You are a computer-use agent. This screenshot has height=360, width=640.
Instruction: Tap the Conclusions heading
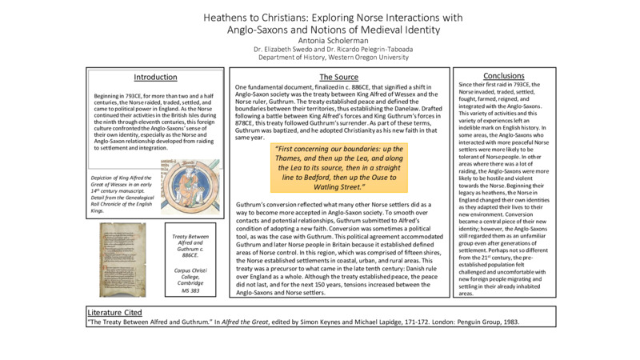coord(503,76)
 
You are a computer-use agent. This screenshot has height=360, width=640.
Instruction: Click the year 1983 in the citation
coord(511,321)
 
